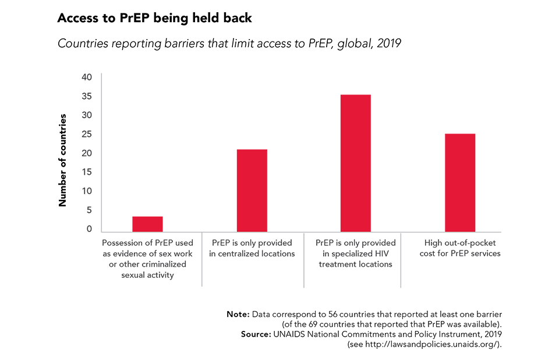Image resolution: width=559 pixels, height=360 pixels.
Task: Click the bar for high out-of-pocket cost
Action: tap(460, 183)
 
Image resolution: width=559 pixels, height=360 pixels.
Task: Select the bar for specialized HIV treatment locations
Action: tap(356, 163)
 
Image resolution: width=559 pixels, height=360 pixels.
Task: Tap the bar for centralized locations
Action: tap(252, 190)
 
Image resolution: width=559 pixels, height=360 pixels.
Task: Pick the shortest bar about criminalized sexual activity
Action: tap(147, 224)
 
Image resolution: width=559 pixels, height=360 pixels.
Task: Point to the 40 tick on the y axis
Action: tap(87, 77)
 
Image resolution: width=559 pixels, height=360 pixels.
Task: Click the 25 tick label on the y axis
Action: tap(87, 134)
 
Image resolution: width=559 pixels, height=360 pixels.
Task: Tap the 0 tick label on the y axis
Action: tap(89, 229)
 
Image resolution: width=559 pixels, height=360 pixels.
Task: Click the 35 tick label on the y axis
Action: tap(87, 96)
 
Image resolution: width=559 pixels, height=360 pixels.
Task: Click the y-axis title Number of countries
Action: tap(63, 160)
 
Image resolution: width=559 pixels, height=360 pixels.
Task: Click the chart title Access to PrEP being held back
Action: tap(154, 18)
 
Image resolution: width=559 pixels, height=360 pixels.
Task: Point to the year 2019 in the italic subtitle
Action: tap(389, 44)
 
